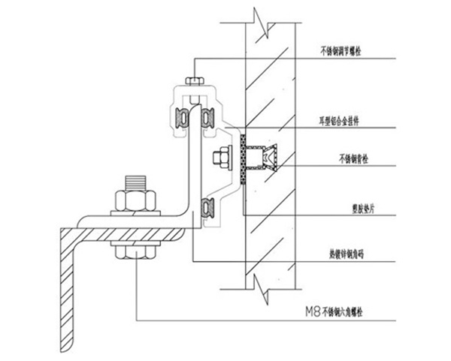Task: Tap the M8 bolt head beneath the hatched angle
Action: point(135,250)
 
